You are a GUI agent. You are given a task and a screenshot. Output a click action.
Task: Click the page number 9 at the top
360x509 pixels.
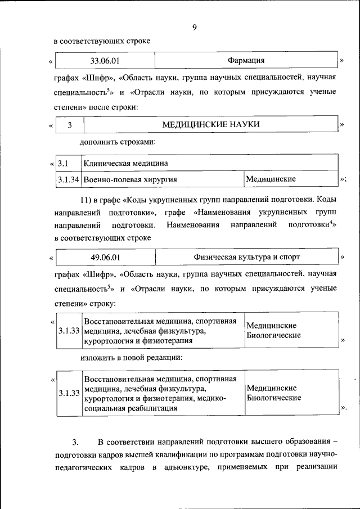point(194,26)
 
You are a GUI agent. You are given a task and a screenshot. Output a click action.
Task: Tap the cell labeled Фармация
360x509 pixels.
point(246,60)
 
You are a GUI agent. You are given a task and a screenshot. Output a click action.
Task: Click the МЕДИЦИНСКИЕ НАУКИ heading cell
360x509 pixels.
point(211,124)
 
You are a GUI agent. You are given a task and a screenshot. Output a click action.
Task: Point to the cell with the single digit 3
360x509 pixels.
point(70,125)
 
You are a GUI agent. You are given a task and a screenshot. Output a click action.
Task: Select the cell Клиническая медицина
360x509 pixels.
point(126,164)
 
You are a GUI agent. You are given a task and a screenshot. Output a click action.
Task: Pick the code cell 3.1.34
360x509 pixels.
point(69,179)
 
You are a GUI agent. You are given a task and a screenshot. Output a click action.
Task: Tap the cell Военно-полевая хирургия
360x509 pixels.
point(130,179)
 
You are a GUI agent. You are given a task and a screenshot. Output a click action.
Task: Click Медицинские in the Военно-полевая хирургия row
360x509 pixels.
point(272,179)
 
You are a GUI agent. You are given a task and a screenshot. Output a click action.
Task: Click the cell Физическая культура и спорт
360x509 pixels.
point(246,257)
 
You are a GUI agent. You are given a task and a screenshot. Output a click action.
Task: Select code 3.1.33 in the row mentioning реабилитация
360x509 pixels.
point(69,394)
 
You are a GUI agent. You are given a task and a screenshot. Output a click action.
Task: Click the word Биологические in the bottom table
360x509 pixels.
point(273,398)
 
